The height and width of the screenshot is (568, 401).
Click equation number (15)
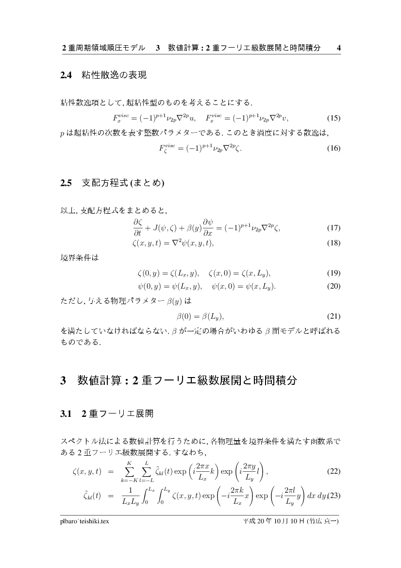(334, 118)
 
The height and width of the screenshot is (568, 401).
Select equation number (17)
(334, 228)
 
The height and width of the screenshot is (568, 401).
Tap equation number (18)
(334, 243)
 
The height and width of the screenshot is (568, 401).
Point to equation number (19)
(334, 273)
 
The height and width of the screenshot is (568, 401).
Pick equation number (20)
(334, 286)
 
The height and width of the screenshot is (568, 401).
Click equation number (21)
(334, 317)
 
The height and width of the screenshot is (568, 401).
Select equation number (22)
(334, 471)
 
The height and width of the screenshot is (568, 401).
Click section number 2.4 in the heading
(66, 75)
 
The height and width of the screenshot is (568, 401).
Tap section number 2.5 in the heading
(66, 184)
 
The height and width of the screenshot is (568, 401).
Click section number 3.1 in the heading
(66, 414)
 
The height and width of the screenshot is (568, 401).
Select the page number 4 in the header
(338, 48)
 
